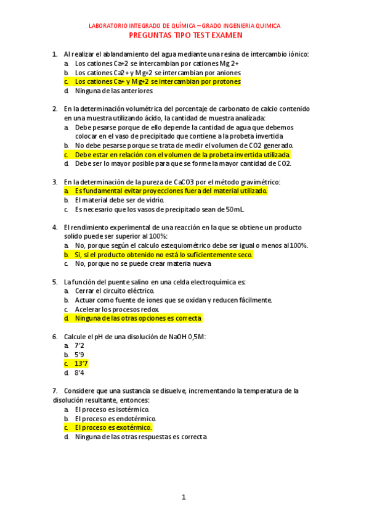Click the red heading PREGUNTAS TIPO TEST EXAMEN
(x=185, y=36)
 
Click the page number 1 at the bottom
(x=184, y=497)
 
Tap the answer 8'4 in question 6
(x=79, y=373)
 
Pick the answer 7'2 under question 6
(x=79, y=346)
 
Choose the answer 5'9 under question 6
(x=79, y=355)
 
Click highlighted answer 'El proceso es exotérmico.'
(x=113, y=427)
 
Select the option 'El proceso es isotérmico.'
(x=112, y=409)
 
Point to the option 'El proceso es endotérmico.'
(x=115, y=418)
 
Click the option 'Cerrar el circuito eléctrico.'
(x=115, y=290)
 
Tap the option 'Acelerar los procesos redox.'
(x=116, y=309)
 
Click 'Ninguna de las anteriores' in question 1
(x=113, y=91)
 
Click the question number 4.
(x=55, y=228)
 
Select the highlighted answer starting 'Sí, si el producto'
(x=163, y=255)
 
